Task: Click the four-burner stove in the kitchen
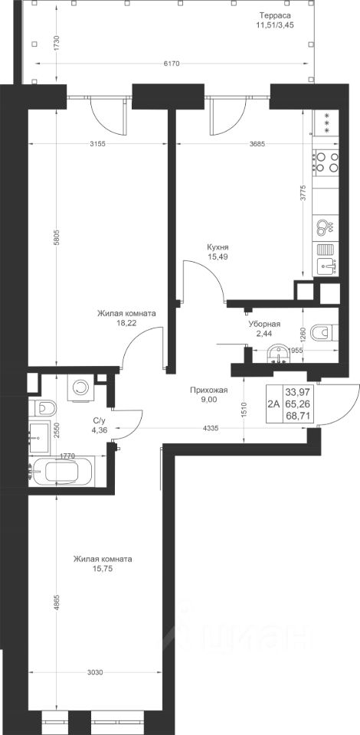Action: (327, 162)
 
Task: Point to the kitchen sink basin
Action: (328, 266)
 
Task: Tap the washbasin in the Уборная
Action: (280, 354)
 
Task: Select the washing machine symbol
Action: (80, 387)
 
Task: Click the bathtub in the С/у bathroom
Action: (61, 471)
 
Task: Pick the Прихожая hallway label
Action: (208, 390)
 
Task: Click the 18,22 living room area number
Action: (126, 322)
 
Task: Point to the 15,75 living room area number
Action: (102, 568)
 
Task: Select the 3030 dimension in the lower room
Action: (95, 672)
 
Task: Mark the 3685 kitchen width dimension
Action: (257, 144)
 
